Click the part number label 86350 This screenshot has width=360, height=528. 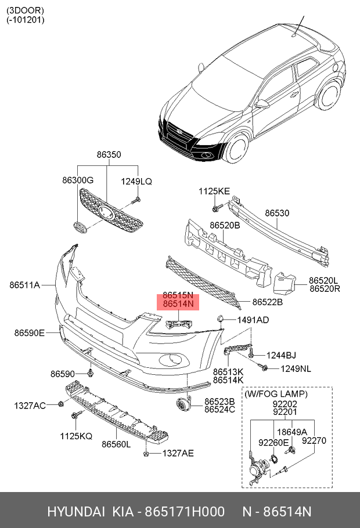[109, 155]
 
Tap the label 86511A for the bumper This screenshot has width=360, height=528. [24, 285]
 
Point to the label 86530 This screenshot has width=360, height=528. [277, 214]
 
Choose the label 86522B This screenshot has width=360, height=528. [267, 302]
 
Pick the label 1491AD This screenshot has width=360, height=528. [253, 320]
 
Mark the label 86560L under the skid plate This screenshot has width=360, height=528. [116, 444]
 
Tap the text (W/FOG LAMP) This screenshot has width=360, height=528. [276, 394]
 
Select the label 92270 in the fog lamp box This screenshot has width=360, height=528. [314, 440]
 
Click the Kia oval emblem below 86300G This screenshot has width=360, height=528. [80, 227]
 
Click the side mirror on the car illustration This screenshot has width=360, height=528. [263, 104]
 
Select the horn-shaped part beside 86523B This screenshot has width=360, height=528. [183, 406]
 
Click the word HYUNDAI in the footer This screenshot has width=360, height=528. [75, 512]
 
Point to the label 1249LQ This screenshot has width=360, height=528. [136, 181]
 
